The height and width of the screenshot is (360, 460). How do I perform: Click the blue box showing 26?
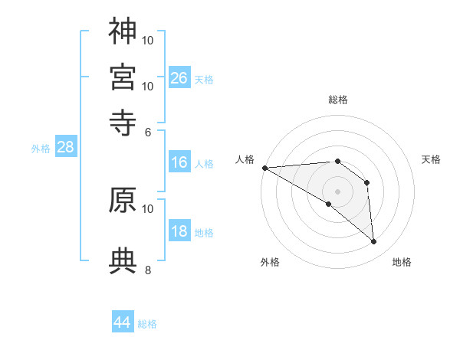[179, 77]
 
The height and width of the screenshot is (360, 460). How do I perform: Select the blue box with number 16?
[179, 162]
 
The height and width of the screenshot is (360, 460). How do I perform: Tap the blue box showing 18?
[179, 232]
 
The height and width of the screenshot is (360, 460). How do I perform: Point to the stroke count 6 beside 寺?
[148, 131]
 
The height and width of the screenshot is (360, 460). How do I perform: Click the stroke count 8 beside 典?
[148, 270]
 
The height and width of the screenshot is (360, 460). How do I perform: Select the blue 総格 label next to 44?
[147, 324]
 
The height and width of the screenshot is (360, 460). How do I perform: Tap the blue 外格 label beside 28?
[41, 149]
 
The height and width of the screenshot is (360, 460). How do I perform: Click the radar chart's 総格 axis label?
[337, 100]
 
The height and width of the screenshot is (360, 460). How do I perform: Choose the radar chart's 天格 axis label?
[431, 159]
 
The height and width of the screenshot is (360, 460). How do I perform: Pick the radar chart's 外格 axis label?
[270, 262]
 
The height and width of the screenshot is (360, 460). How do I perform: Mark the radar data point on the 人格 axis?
[264, 167]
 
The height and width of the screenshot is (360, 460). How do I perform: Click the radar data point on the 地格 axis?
[373, 241]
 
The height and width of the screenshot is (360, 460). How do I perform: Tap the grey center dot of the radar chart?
[337, 191]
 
